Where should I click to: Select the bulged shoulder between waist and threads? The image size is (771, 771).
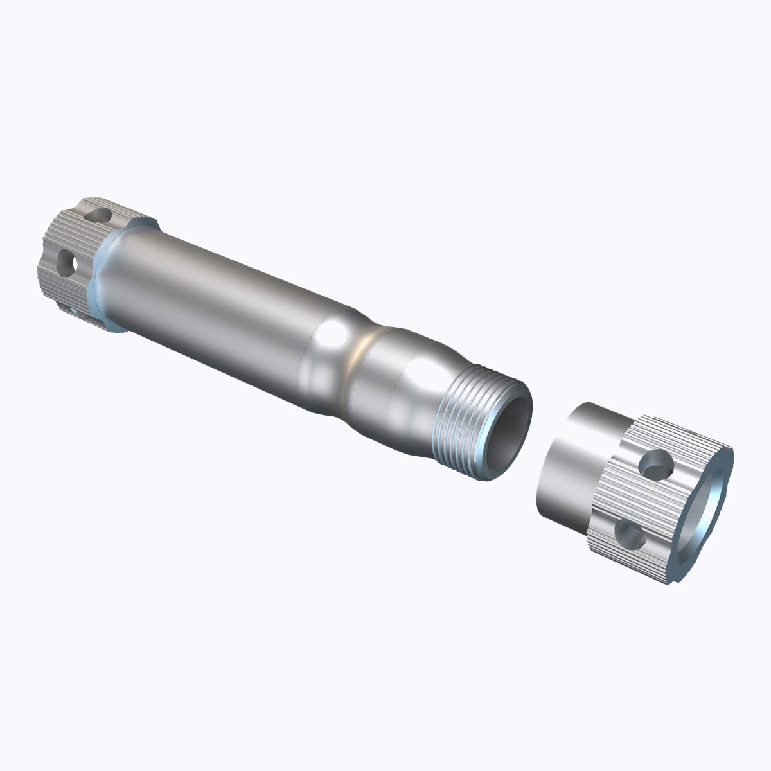[x=405, y=392]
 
